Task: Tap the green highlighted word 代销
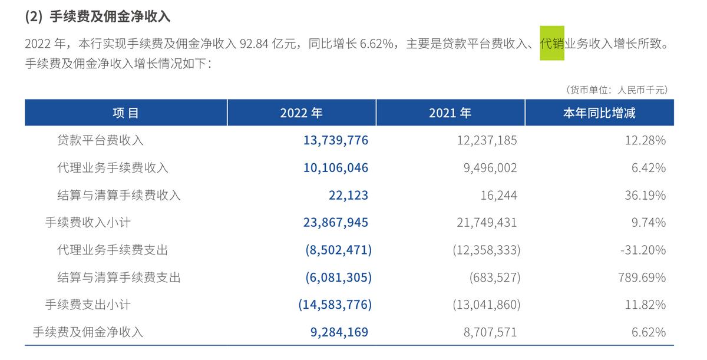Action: [552, 44]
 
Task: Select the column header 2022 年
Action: [301, 113]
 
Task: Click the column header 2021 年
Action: [450, 113]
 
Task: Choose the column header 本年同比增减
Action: [599, 113]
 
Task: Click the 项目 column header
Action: [125, 113]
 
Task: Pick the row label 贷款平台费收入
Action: [100, 141]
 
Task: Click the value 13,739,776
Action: [336, 141]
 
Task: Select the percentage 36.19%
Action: [645, 196]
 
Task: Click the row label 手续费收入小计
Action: [88, 223]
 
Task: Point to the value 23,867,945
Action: [336, 223]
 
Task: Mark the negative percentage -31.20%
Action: [643, 250]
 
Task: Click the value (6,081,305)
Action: [338, 278]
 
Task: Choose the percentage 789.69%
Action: [642, 278]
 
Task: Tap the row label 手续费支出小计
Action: [88, 305]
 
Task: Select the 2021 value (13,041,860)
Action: [486, 305]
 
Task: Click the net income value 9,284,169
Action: [339, 332]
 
